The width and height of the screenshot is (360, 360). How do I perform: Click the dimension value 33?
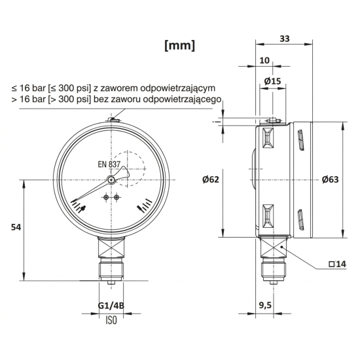pos(283,39)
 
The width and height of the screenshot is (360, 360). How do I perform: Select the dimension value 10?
pos(264,60)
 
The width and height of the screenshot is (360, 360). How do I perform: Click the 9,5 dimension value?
pos(265,304)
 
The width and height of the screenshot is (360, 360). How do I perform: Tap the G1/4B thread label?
pos(111,306)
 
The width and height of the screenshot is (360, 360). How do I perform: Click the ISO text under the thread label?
pos(111,320)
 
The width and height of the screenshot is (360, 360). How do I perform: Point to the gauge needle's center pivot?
pos(113,179)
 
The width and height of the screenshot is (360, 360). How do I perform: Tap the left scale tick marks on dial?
pos(80,208)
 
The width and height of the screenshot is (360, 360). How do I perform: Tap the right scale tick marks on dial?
pos(145,208)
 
